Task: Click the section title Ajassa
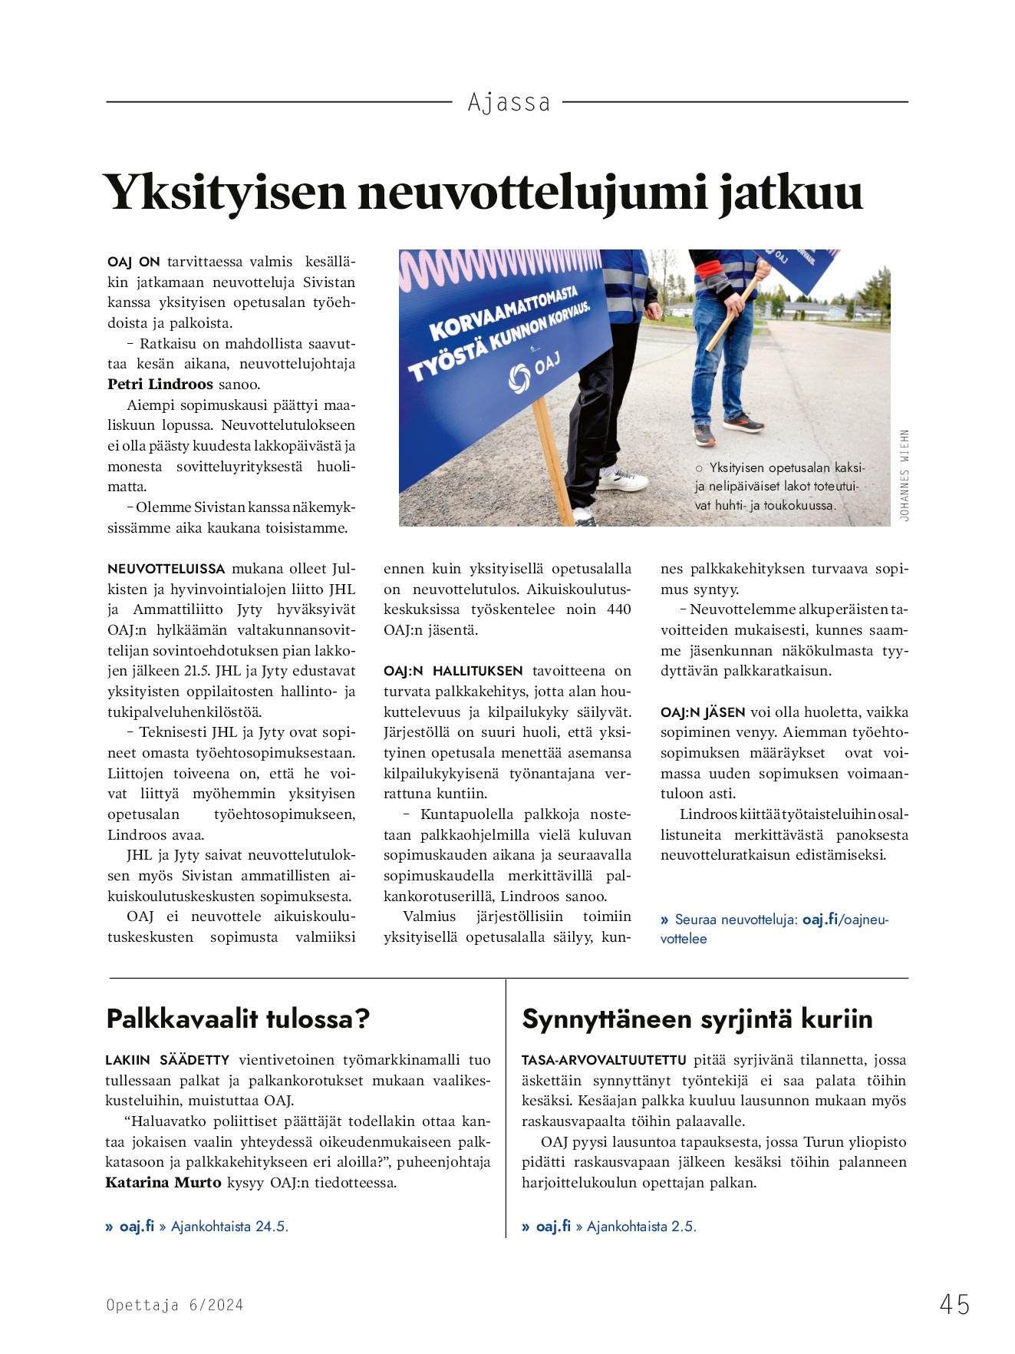509,102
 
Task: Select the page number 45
954,1304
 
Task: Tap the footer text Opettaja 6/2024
175,1305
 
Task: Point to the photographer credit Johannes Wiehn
905,476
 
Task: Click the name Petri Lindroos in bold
160,385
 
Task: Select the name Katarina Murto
163,1183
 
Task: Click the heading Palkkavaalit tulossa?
238,1019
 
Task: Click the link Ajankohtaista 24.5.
229,1227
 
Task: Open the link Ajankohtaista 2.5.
641,1227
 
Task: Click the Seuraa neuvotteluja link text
736,920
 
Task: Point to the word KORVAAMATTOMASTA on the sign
503,314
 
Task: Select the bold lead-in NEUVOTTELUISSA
166,570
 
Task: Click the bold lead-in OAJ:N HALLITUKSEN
453,671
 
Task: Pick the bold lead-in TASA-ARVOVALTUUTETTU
604,1060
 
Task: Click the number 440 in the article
618,609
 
